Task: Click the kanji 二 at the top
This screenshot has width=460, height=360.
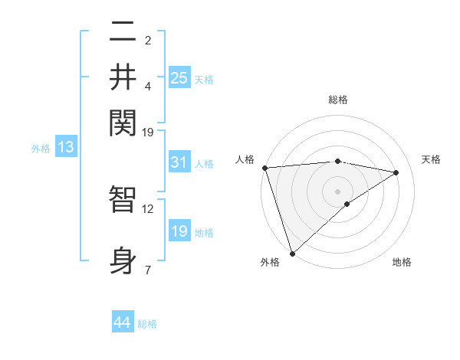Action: click(x=123, y=32)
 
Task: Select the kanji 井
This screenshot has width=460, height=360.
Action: click(x=123, y=77)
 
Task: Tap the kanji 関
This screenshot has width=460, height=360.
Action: click(x=123, y=121)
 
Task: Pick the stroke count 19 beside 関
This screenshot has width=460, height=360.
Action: click(x=148, y=132)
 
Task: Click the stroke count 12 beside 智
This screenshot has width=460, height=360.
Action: click(x=148, y=208)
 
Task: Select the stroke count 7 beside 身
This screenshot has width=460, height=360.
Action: click(x=148, y=270)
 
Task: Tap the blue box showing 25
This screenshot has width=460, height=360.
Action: click(x=179, y=77)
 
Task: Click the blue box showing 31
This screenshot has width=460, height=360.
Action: click(x=179, y=162)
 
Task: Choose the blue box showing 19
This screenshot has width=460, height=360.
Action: click(x=179, y=231)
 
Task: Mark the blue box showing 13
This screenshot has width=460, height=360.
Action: click(x=65, y=148)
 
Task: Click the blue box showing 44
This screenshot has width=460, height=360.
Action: click(x=122, y=322)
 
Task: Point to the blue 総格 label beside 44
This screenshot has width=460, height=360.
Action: click(x=147, y=324)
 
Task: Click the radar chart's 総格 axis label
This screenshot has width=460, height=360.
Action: click(x=337, y=100)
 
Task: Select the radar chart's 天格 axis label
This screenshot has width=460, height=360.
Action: click(x=431, y=159)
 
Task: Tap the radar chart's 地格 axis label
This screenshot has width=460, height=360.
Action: click(x=402, y=262)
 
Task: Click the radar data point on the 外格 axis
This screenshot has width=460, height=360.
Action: click(x=292, y=253)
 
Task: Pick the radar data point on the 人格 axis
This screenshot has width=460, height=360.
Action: click(x=264, y=168)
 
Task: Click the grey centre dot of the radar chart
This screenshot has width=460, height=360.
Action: click(x=337, y=191)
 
